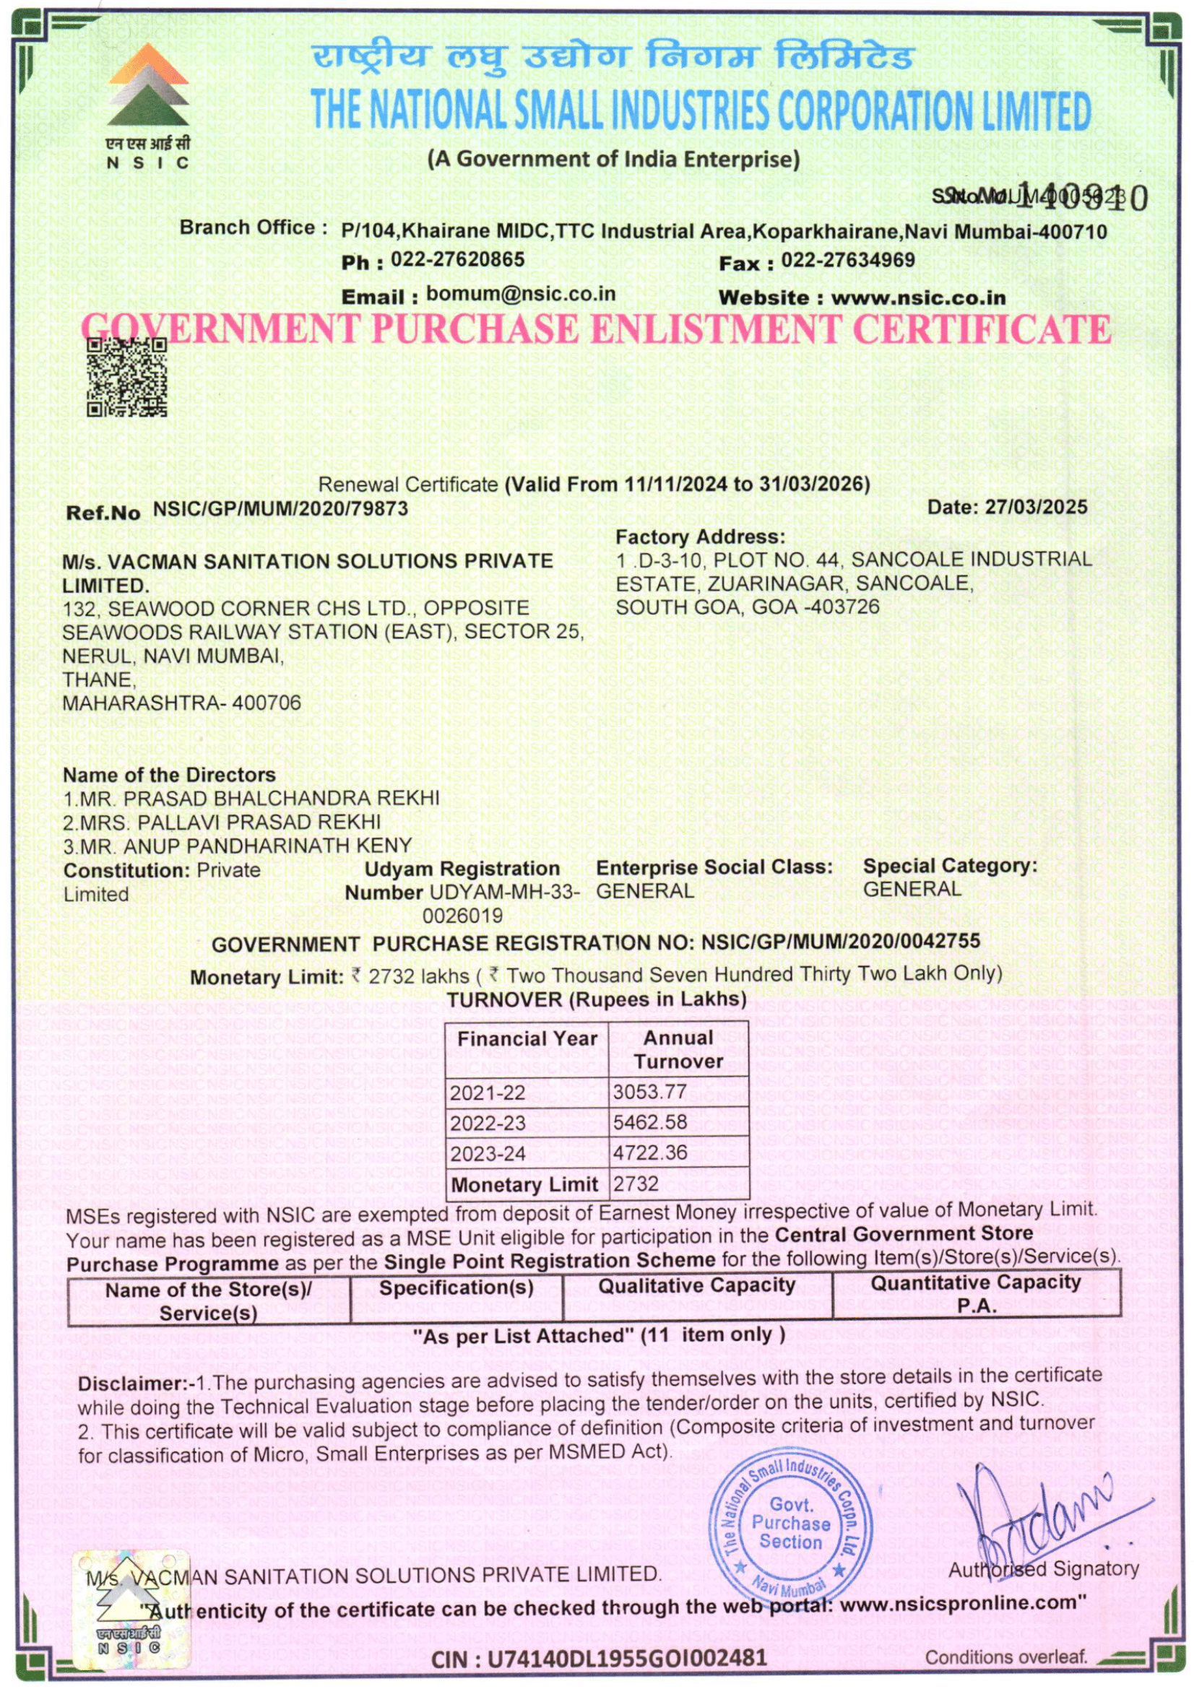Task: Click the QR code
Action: pyautogui.click(x=126, y=377)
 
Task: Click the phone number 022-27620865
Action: pyautogui.click(x=457, y=260)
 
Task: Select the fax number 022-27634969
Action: pyautogui.click(x=847, y=260)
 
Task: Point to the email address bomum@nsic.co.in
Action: pyautogui.click(x=520, y=294)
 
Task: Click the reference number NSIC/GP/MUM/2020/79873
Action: pyautogui.click(x=280, y=509)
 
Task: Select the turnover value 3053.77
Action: pyautogui.click(x=649, y=1092)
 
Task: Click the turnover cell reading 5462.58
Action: pyautogui.click(x=649, y=1123)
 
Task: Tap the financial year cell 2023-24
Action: pyautogui.click(x=488, y=1153)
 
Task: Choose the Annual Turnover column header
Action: pyautogui.click(x=678, y=1049)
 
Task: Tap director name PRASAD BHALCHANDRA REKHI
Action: pyautogui.click(x=281, y=798)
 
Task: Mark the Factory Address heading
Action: pyautogui.click(x=700, y=537)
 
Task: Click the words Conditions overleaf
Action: pyautogui.click(x=1005, y=1657)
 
